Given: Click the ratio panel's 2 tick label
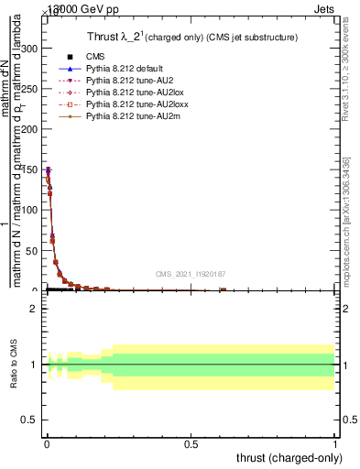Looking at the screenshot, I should (38, 309).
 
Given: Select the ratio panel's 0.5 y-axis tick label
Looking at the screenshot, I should (34, 420).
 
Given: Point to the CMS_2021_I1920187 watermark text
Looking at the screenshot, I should (191, 274).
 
